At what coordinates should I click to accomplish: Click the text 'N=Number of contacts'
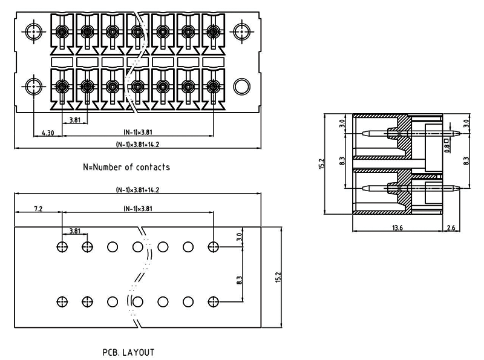click(126, 167)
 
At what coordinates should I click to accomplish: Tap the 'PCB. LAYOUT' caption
click(128, 352)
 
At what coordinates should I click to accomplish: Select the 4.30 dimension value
click(48, 133)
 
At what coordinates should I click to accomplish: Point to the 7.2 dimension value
click(38, 209)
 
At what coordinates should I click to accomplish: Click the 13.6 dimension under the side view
click(397, 227)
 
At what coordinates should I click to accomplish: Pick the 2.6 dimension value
click(451, 227)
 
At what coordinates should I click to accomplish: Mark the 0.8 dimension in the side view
click(446, 146)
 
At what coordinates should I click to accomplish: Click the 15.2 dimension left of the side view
click(322, 163)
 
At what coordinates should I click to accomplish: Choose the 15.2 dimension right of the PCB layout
click(279, 277)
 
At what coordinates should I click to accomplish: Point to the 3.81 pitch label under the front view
click(76, 120)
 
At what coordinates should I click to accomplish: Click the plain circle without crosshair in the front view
click(241, 85)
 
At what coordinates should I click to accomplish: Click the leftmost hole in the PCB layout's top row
click(62, 246)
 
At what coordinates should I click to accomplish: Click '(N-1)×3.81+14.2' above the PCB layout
click(137, 190)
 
